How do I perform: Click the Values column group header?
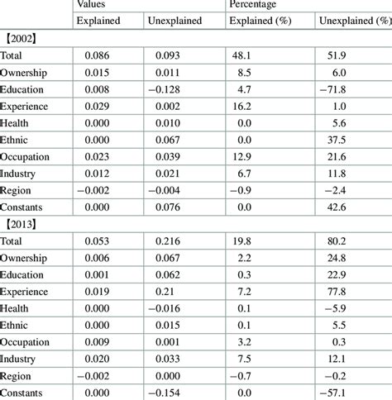[90, 4]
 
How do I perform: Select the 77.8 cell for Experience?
[352, 292]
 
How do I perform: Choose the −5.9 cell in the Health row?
[352, 307]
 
